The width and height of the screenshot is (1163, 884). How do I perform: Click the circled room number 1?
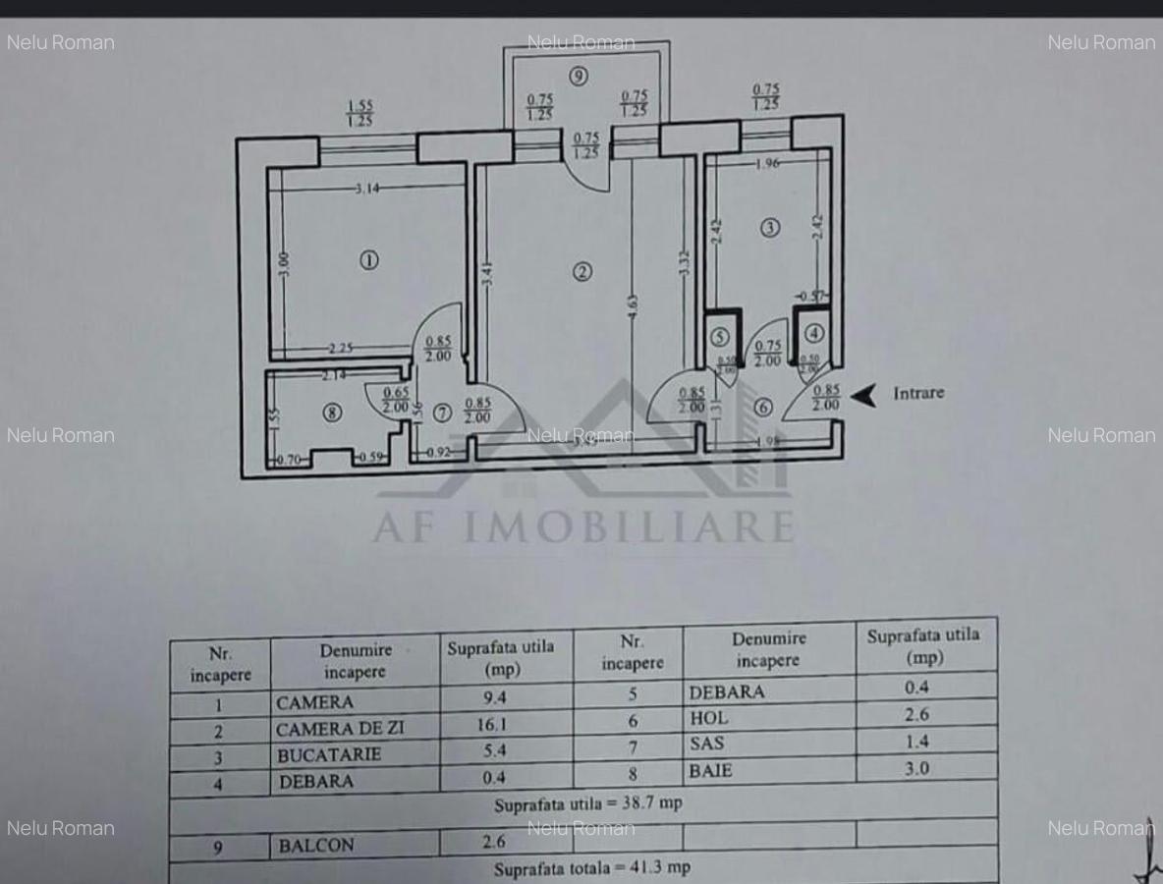368,260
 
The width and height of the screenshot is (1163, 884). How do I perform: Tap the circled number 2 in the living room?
582,272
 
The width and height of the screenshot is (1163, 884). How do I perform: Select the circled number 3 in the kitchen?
770,228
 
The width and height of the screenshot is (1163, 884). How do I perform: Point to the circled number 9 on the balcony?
580,76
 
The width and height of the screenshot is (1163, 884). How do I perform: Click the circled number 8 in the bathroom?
333,414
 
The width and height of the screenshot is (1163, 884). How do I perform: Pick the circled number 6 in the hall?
763,407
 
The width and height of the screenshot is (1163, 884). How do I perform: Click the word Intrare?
917,393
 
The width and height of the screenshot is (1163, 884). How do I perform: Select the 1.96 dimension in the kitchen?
767,164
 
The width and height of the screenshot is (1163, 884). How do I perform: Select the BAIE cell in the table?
710,770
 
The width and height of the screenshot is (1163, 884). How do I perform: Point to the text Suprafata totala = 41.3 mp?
591,868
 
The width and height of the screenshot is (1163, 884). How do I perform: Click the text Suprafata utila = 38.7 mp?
587,804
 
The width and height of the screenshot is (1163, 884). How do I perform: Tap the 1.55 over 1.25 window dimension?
360,114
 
